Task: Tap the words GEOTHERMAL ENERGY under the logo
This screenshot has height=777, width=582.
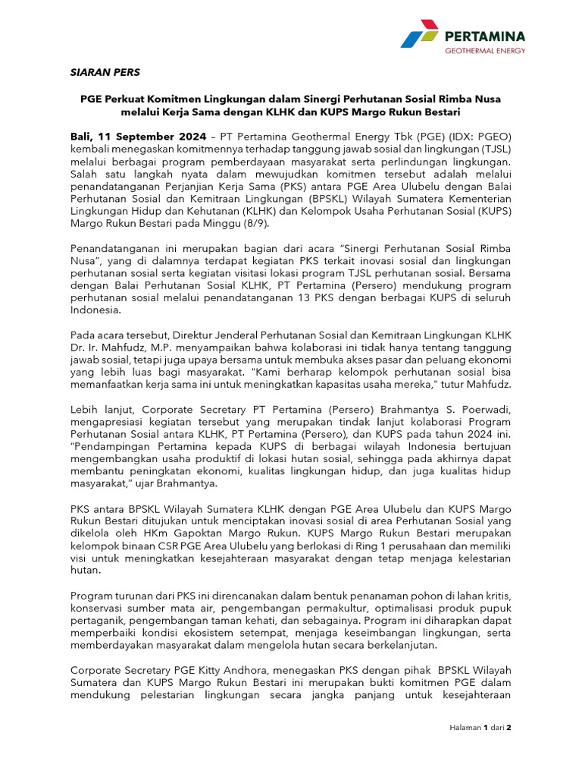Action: pos(484,51)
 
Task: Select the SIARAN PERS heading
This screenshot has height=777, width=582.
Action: pos(105,73)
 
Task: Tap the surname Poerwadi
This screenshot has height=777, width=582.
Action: pos(484,409)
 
